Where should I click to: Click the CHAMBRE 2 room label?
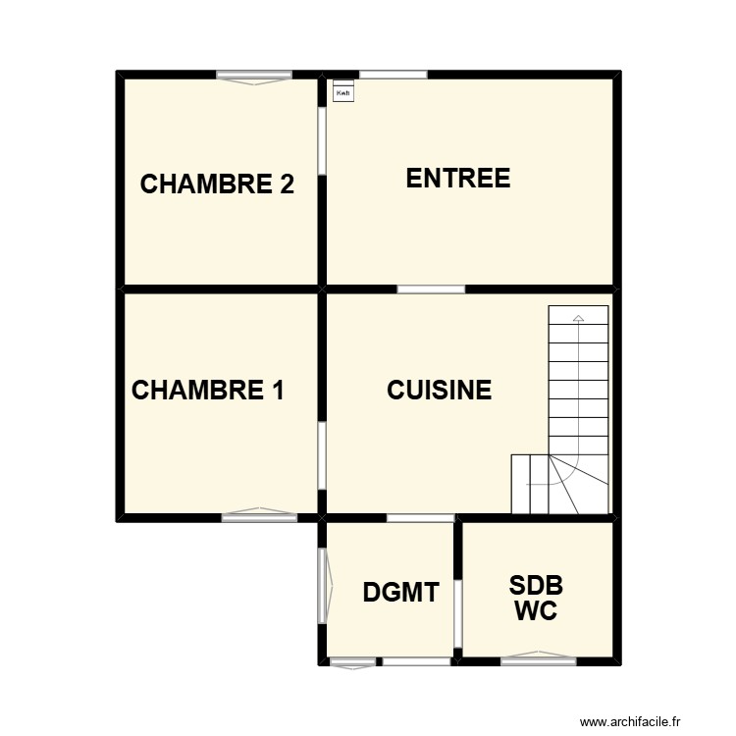pos(218,184)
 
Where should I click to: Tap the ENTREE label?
pos(458,179)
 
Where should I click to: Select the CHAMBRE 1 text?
pos(208,391)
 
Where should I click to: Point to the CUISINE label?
pos(439,390)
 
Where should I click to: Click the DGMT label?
pos(399,592)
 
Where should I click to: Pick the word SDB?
pos(536,586)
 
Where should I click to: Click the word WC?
pos(536,611)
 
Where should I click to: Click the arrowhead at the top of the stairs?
pos(578,318)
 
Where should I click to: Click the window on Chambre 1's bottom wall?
pos(259,514)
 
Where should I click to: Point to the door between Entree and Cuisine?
pos(431,289)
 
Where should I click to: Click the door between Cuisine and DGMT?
pos(420,517)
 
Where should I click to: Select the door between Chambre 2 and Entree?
pos(322,141)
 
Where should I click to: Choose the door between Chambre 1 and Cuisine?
pos(322,456)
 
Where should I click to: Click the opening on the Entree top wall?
pos(393,74)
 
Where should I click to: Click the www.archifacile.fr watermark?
pos(642,721)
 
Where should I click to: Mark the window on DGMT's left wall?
pos(323,585)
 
